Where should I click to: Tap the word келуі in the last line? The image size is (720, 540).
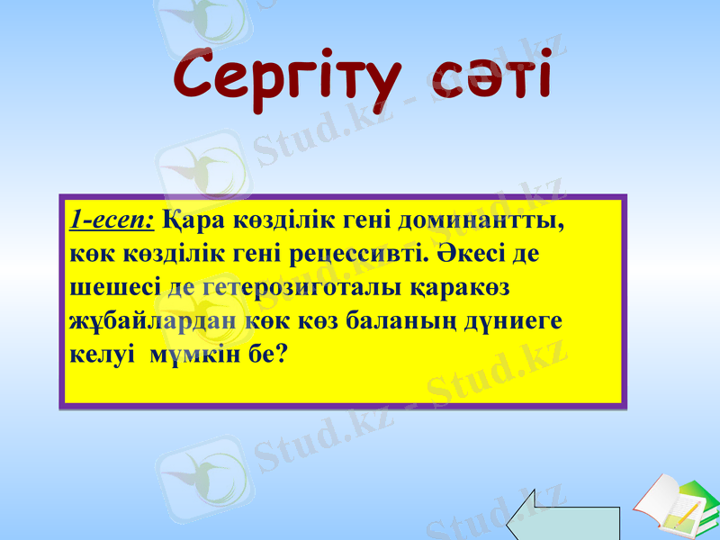(x=94, y=354)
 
